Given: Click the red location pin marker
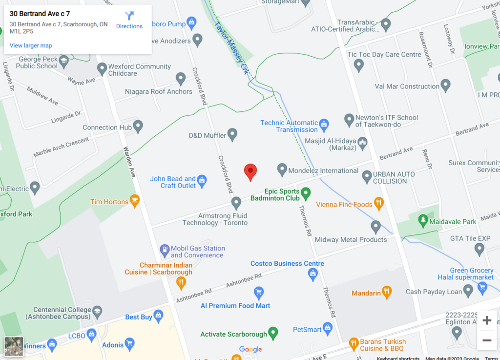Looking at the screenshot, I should click(x=250, y=171).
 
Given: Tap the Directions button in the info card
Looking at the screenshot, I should click(x=129, y=20).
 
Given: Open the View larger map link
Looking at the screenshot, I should click(x=31, y=45).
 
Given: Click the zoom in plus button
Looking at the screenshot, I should click(x=486, y=320).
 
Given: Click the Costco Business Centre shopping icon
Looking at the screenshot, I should click(x=313, y=275).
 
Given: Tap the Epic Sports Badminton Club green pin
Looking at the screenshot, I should click(x=306, y=193).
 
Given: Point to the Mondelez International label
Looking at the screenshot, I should click(x=323, y=170).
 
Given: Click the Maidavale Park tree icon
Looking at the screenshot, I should click(x=423, y=221).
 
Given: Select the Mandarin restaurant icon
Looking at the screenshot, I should click(x=387, y=292).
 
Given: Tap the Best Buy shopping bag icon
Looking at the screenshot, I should click(x=158, y=317).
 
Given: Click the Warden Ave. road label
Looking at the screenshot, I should click(x=128, y=162).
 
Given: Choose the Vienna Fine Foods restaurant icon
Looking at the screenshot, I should click(x=379, y=204).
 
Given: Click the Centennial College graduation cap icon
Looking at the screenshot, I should click(x=97, y=312).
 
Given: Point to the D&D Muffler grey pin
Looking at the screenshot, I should click(x=232, y=134).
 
